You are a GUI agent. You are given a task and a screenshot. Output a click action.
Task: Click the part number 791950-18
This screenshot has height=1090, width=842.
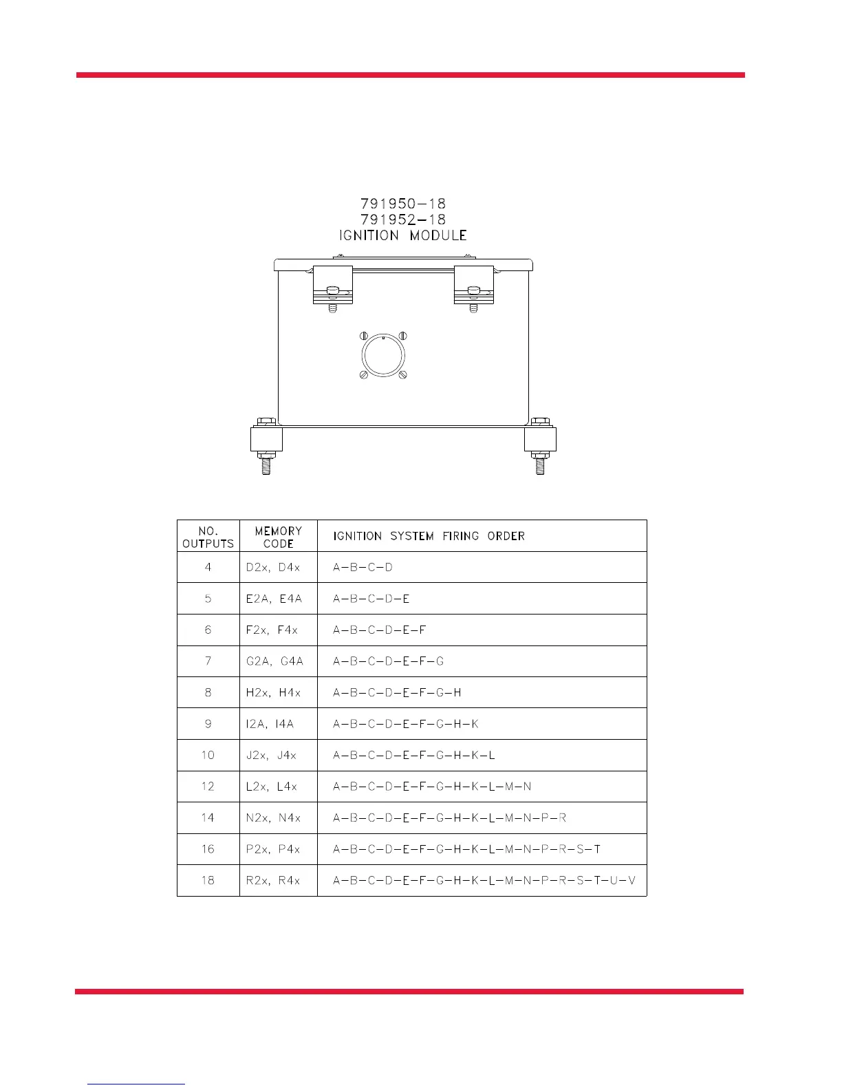coord(403,204)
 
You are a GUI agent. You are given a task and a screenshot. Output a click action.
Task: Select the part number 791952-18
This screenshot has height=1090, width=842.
coord(403,220)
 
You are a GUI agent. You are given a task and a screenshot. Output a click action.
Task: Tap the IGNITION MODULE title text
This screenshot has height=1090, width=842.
coord(403,235)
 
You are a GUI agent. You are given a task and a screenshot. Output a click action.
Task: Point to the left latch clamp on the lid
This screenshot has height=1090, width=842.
coord(332,285)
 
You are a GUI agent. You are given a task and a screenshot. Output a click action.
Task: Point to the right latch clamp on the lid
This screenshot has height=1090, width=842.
coord(474,285)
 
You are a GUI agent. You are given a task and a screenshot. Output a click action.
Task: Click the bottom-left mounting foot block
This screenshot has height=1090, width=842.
coord(266,439)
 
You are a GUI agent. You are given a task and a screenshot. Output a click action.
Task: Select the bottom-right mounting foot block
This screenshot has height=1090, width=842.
coord(540,439)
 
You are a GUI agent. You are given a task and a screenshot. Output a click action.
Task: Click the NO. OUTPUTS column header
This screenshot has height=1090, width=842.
coord(208,537)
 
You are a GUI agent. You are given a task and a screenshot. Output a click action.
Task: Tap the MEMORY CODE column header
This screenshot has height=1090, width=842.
coord(278,537)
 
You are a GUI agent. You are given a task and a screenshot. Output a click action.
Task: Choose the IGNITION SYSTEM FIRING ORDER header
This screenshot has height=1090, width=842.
coord(429,536)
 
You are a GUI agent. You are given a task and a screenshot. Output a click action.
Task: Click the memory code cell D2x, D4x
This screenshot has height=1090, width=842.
coord(273,568)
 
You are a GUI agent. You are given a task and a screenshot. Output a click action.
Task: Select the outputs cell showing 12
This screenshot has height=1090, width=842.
coord(208,787)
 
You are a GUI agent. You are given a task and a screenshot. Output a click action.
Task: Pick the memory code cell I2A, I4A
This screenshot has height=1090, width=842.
coord(270,724)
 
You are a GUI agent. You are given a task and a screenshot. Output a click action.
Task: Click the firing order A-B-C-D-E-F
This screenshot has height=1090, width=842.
coord(380,630)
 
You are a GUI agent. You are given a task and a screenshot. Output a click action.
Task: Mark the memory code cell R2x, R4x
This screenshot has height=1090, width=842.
coord(273,881)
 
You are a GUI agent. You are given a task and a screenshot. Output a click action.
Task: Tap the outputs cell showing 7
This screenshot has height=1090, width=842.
coord(208,661)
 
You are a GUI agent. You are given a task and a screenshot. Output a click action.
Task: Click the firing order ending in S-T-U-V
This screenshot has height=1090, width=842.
coord(484,881)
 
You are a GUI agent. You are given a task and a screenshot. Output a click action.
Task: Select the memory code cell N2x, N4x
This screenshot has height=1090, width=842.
coord(273,818)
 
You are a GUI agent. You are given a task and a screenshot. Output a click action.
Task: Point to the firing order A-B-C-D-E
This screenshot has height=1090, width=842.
coord(371,599)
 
